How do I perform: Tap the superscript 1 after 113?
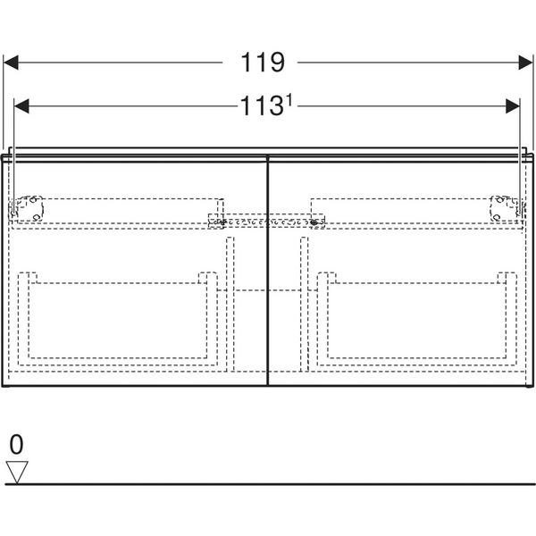(x=290, y=101)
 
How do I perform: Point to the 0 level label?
(x=15, y=443)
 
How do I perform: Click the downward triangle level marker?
(x=17, y=471)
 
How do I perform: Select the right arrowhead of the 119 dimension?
(x=524, y=63)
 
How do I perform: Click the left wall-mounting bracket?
(x=27, y=208)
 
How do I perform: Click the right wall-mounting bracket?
(x=507, y=208)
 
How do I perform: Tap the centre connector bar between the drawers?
(x=265, y=219)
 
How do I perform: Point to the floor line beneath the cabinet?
(x=268, y=484)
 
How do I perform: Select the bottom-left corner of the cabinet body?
(x=5, y=390)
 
